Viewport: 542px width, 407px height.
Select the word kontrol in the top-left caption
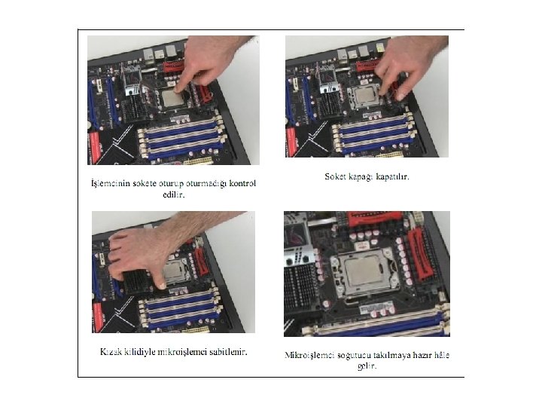pos(242,183)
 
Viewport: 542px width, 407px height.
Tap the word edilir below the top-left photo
pos(174,194)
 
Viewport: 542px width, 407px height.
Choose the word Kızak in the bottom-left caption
pos(110,352)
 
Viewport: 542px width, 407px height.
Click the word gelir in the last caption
pos(367,366)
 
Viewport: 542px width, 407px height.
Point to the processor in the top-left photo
pos(173,98)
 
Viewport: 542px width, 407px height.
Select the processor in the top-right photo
pos(367,96)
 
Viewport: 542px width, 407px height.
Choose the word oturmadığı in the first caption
pos(206,183)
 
